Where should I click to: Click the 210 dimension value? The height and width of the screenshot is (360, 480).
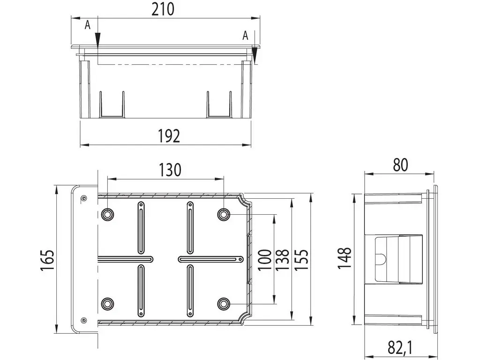click(x=163, y=9)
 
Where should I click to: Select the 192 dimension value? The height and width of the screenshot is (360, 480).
click(x=169, y=136)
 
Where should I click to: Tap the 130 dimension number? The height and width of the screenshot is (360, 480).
click(x=170, y=170)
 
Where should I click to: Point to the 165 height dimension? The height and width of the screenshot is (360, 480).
click(x=47, y=260)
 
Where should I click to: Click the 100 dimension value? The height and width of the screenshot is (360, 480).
click(x=265, y=260)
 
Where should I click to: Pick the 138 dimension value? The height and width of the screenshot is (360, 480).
click(x=282, y=260)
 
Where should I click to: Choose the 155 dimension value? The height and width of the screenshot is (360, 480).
click(x=301, y=260)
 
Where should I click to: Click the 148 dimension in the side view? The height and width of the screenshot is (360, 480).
click(x=345, y=258)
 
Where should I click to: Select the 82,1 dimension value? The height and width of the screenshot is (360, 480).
click(x=400, y=348)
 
